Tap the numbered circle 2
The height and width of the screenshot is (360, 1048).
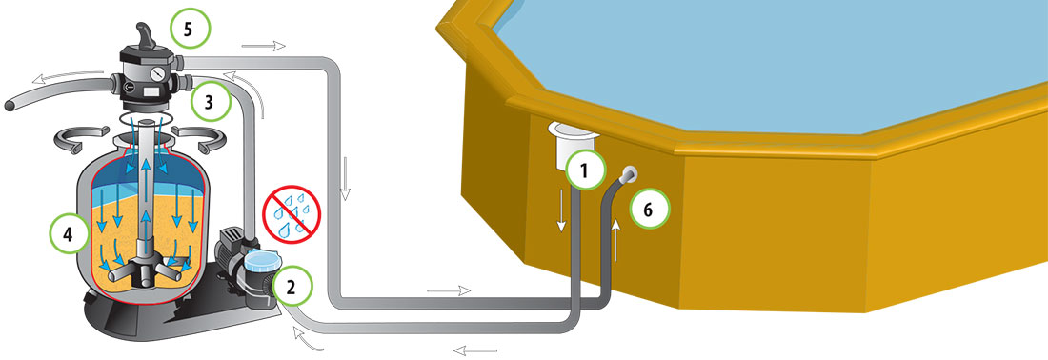click(x=290, y=286)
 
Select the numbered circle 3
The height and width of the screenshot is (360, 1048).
click(x=210, y=102)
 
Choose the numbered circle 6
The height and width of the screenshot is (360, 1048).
click(x=649, y=209)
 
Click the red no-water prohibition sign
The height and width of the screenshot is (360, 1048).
click(x=292, y=213)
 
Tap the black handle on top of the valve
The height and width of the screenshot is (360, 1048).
click(x=145, y=36)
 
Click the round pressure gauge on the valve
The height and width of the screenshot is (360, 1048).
click(x=158, y=72)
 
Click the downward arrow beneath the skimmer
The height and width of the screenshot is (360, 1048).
click(x=561, y=210)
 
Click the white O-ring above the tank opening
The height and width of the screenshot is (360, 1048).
click(x=142, y=118)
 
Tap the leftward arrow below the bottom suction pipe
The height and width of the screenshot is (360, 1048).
click(x=475, y=350)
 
